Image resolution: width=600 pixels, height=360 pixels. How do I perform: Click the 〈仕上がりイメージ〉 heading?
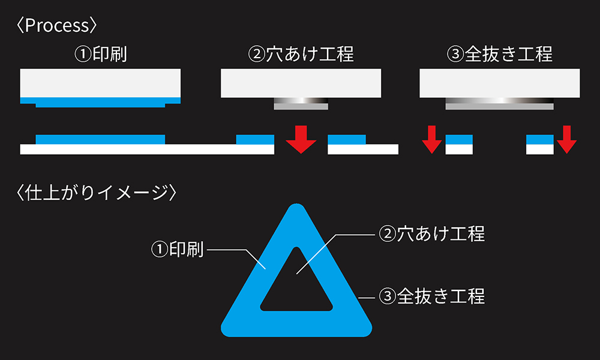(97, 193)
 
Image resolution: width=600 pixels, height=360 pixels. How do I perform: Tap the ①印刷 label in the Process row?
(100, 55)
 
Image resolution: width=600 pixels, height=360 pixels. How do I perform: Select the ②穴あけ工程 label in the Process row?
(301, 55)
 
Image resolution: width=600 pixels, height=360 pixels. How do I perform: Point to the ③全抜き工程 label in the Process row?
(500, 55)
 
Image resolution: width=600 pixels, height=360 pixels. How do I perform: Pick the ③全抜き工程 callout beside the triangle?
(432, 296)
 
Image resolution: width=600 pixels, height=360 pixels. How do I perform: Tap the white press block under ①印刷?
(100, 83)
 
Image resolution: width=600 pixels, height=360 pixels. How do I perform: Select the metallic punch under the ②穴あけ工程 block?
(301, 103)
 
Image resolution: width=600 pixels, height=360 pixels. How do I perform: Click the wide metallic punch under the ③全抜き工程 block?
(500, 103)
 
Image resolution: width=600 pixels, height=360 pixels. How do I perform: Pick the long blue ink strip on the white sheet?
(100, 139)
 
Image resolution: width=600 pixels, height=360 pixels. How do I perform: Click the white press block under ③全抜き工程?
(500, 83)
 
